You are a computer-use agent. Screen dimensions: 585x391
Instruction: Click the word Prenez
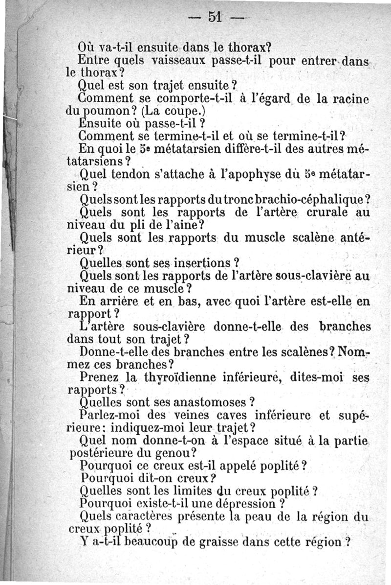[100, 378]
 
